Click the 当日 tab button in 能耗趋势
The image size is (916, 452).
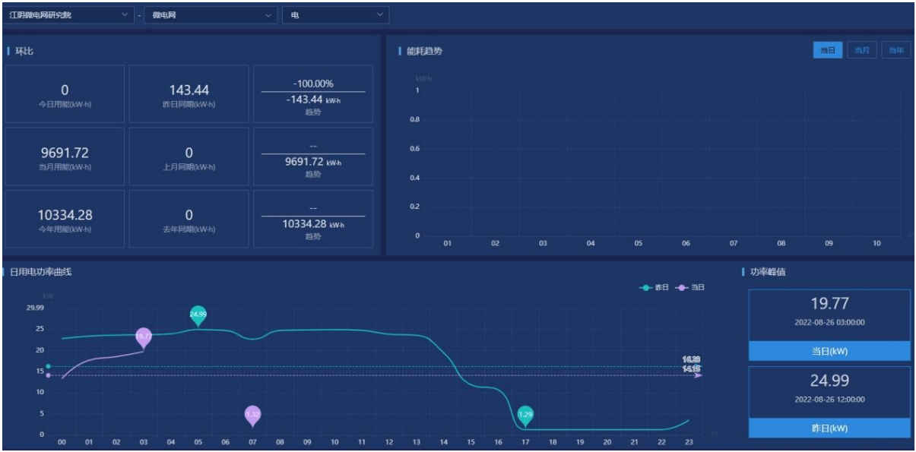tap(828, 50)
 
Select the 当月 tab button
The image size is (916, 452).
tap(862, 50)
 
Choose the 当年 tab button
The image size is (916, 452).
tap(896, 50)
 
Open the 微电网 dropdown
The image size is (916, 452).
tap(211, 15)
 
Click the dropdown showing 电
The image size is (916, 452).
tap(335, 15)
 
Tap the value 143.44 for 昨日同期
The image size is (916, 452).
tap(189, 90)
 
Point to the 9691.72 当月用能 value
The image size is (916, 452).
tap(65, 153)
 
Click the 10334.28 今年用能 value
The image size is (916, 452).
tap(65, 215)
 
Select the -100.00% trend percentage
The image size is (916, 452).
tap(313, 84)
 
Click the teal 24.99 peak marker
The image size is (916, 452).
tap(198, 315)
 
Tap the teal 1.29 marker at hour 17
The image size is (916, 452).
tap(525, 415)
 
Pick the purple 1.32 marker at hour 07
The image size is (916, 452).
tap(253, 415)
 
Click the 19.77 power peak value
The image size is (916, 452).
tap(829, 304)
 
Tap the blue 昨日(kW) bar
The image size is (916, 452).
tap(829, 428)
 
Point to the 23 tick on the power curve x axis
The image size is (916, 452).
tap(689, 441)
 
